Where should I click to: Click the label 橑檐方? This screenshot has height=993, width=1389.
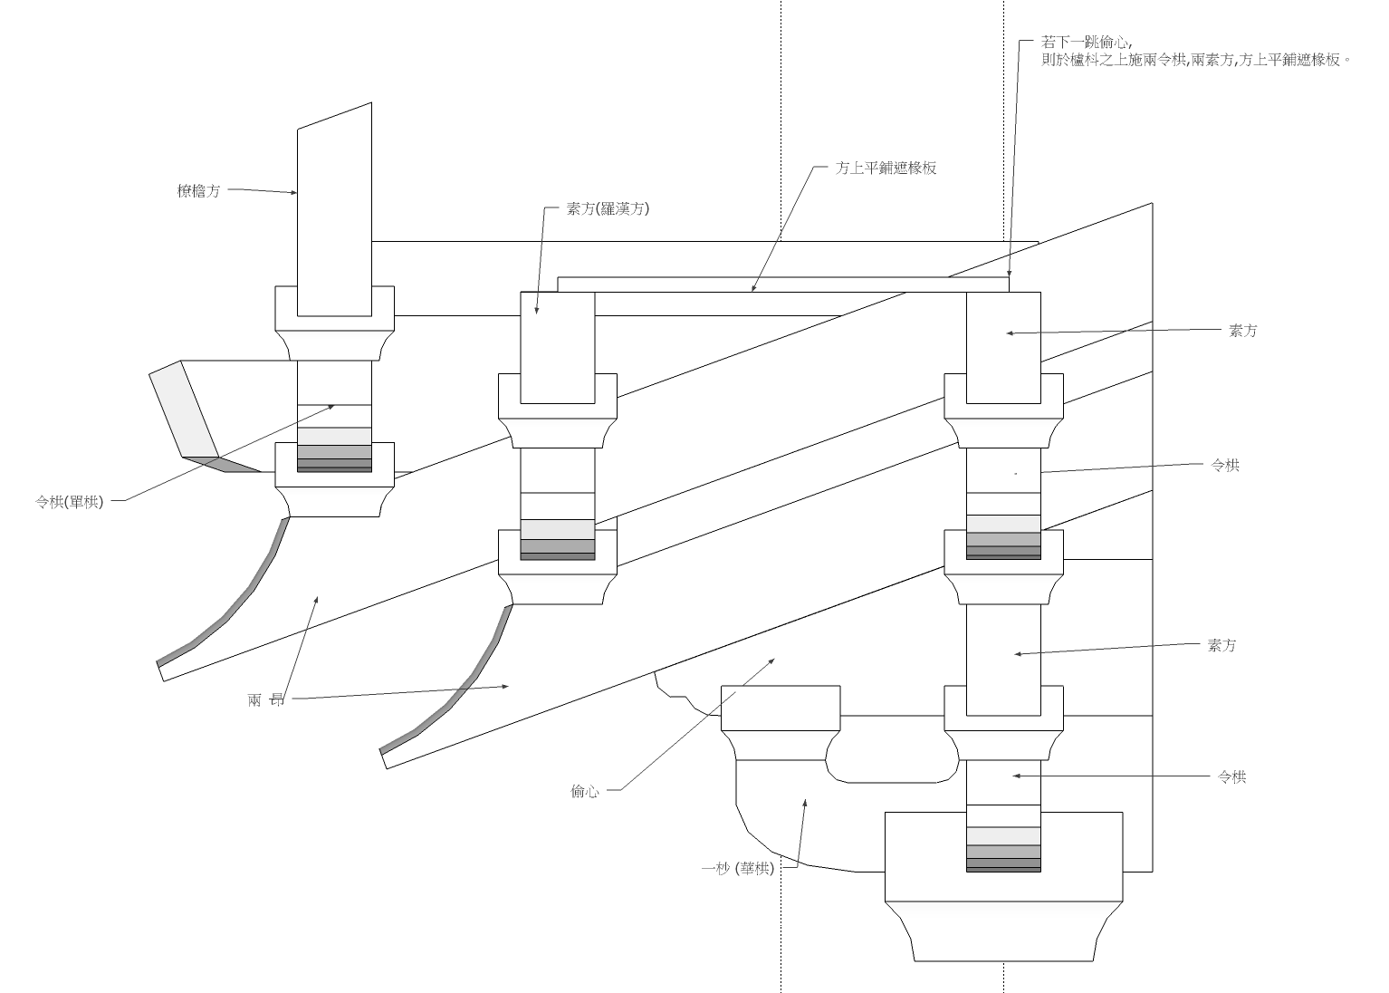click(x=198, y=191)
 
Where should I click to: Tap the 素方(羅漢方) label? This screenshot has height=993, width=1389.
click(x=608, y=208)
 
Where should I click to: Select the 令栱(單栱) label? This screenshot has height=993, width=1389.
click(x=70, y=502)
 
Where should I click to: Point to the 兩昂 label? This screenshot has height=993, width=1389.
click(x=265, y=699)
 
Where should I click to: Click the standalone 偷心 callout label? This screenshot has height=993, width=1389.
click(x=585, y=792)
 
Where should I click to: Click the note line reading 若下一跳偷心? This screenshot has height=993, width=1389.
click(x=1086, y=43)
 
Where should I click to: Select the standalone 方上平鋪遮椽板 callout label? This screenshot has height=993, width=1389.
click(x=886, y=168)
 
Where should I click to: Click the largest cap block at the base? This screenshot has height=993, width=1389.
click(x=1003, y=929)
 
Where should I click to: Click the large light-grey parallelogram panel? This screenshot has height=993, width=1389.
click(x=184, y=409)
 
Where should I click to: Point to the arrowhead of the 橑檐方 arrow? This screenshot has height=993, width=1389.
click(x=294, y=192)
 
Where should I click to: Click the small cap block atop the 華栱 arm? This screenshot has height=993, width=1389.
click(x=780, y=708)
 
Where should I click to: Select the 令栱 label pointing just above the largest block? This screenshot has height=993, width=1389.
click(x=1231, y=777)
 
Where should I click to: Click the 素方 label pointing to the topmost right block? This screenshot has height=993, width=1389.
click(x=1242, y=332)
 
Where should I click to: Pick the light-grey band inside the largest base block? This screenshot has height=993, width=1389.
click(x=1003, y=835)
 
